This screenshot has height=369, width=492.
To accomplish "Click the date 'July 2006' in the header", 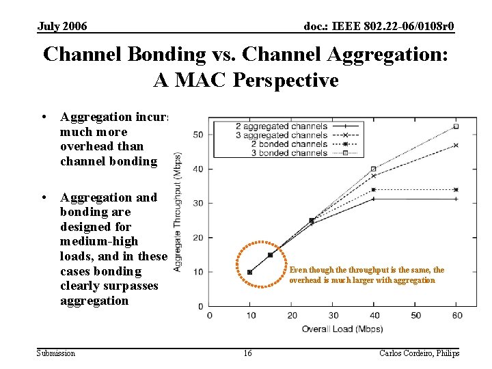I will coord(62,27).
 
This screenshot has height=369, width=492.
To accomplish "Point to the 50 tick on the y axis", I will coord(197,135).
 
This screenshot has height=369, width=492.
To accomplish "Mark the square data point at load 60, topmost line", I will coord(456,126).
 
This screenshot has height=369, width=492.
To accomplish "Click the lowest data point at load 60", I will coord(456,199).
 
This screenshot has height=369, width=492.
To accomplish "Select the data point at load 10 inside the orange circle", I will coord(249,272).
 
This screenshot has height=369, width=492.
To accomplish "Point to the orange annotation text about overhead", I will coord(366,275).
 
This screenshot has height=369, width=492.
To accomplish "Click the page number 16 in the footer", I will coord(247,353).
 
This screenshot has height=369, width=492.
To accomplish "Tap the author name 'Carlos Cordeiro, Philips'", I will coord(419,353).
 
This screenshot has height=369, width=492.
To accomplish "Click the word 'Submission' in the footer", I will coord(56,353).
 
